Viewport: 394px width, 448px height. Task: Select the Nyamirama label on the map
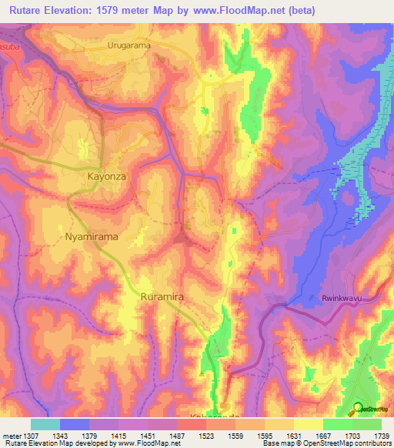[x=92, y=237]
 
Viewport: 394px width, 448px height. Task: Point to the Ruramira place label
[x=163, y=296]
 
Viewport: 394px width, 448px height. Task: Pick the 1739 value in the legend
[x=379, y=436]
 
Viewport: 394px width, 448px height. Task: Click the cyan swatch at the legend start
[x=45, y=424]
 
